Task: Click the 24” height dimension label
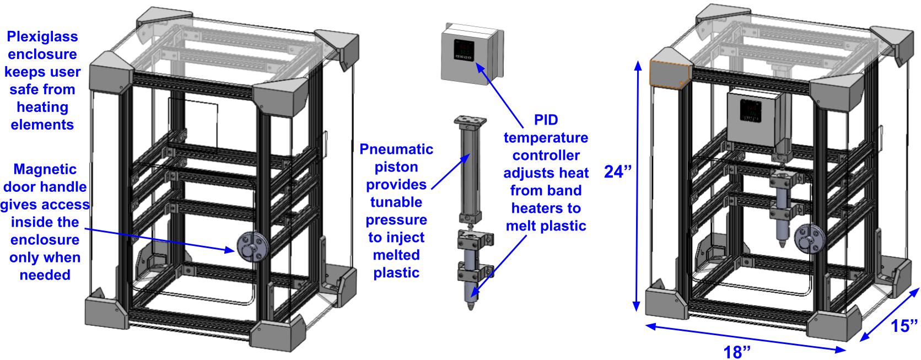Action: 617,172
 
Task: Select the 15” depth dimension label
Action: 905,326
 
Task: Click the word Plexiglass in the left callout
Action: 42,36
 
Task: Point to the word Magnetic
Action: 45,169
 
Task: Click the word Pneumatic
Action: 396,149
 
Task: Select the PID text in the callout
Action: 546,120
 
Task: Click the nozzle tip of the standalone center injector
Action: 470,305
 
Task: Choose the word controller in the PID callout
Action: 546,155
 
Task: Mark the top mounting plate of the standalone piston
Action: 469,119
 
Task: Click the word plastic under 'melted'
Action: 396,273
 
